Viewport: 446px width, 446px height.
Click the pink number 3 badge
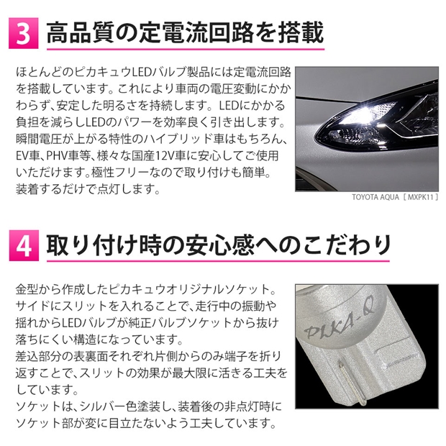[23, 33]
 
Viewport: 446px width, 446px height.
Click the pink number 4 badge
[24, 246]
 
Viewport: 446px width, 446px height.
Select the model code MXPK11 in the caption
[420, 197]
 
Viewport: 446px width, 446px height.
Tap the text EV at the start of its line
[22, 156]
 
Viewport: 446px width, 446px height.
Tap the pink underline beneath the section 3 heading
[186, 50]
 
